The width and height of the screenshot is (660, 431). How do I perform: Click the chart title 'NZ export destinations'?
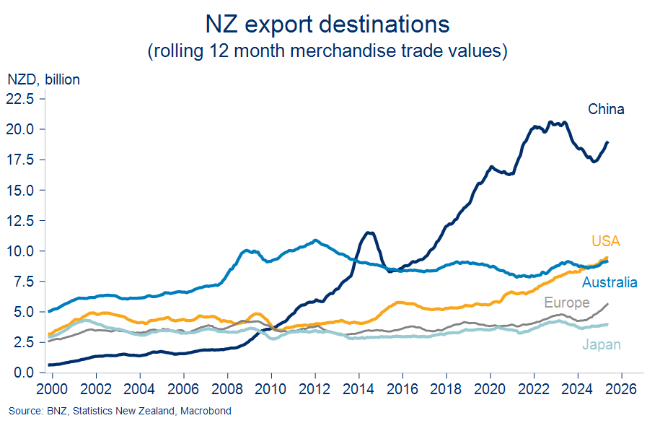(x=327, y=24)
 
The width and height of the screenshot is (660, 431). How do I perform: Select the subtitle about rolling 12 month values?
(x=327, y=51)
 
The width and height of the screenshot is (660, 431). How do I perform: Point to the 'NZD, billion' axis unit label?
(x=43, y=79)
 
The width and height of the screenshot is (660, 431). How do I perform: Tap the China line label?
(x=606, y=110)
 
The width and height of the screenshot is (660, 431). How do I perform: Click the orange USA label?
(x=606, y=241)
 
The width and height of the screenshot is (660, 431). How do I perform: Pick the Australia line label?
(x=610, y=282)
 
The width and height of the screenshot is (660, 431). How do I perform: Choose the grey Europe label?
(x=566, y=302)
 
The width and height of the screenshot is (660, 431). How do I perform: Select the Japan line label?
(x=602, y=344)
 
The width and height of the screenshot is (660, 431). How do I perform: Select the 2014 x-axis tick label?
(x=359, y=388)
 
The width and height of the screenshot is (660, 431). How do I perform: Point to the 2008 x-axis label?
(x=228, y=388)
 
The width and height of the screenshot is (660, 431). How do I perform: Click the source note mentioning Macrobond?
(x=120, y=412)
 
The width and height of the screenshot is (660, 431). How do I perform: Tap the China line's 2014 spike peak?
(x=369, y=232)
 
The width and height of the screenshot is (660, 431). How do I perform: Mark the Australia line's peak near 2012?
(x=315, y=240)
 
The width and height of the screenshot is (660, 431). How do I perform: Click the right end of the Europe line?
(x=608, y=304)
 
